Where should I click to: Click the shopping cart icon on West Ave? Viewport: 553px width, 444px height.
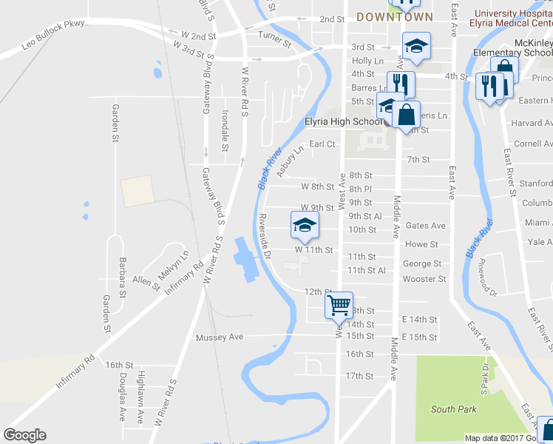pyautogui.click(x=339, y=304)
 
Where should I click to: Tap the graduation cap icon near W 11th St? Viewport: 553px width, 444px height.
pyautogui.click(x=304, y=226)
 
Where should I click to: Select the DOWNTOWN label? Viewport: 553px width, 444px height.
pyautogui.click(x=394, y=16)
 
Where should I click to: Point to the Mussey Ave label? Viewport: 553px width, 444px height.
pyautogui.click(x=220, y=337)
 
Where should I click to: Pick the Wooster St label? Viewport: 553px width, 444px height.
pyautogui.click(x=424, y=279)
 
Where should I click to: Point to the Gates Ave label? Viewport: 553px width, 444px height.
pyautogui.click(x=425, y=226)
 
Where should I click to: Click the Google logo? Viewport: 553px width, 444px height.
pyautogui.click(x=25, y=435)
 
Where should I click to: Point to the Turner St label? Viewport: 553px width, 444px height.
pyautogui.click(x=271, y=35)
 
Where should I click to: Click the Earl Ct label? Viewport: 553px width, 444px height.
pyautogui.click(x=322, y=144)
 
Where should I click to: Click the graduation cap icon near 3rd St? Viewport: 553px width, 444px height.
pyautogui.click(x=416, y=46)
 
